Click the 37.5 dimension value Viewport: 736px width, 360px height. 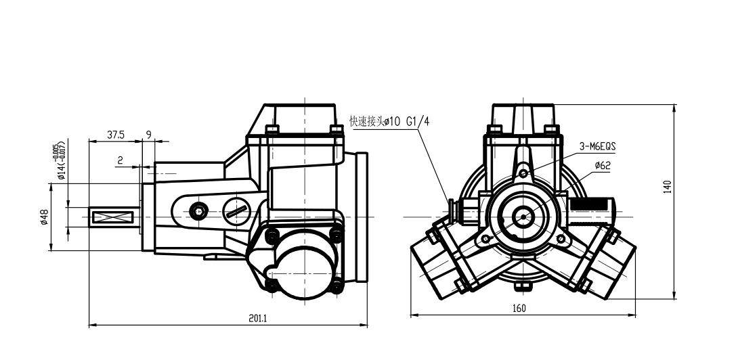[x=116, y=135]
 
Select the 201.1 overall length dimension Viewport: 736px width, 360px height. [x=258, y=318]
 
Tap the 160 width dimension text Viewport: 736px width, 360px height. [x=519, y=309]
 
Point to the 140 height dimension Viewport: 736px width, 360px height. [x=669, y=186]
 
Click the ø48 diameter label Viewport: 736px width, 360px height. [x=44, y=217]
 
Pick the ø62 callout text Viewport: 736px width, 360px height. [x=602, y=165]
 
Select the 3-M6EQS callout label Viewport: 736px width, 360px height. [x=597, y=146]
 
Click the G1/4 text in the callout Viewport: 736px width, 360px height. [x=418, y=122]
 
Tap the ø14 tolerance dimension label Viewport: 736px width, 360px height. [x=60, y=160]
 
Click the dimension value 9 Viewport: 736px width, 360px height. [x=149, y=135]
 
